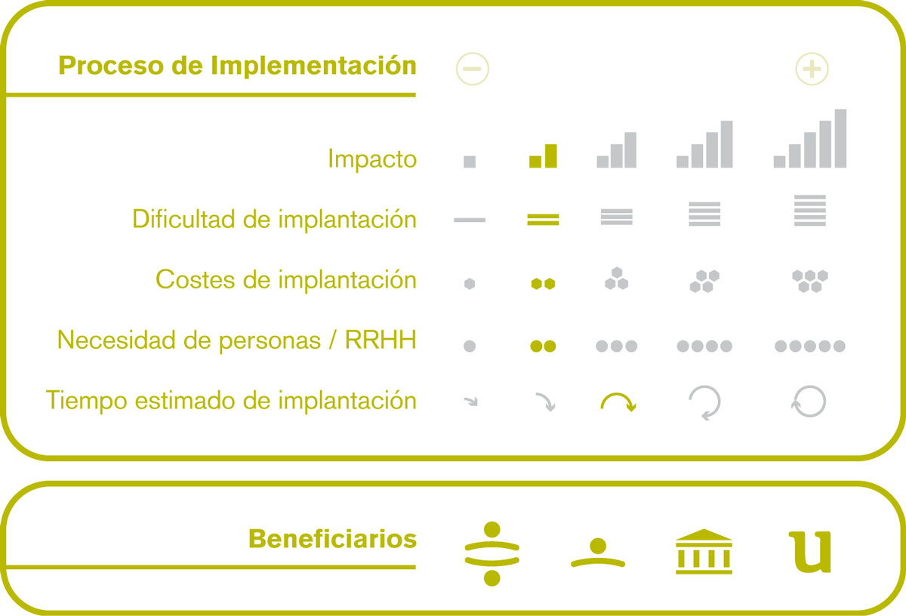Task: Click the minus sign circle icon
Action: pyautogui.click(x=472, y=69)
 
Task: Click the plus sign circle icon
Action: pyautogui.click(x=812, y=69)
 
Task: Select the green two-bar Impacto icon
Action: pyautogui.click(x=543, y=156)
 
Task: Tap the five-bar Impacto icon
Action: pyautogui.click(x=809, y=138)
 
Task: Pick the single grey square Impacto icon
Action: pyautogui.click(x=470, y=162)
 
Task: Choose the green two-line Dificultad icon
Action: pyautogui.click(x=543, y=220)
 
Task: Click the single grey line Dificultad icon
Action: pyautogui.click(x=470, y=220)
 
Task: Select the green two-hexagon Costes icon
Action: pyautogui.click(x=543, y=284)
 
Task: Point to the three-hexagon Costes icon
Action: pyautogui.click(x=616, y=279)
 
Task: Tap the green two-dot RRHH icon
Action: pyautogui.click(x=543, y=346)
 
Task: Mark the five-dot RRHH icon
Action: pyautogui.click(x=809, y=346)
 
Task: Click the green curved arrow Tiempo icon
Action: pyautogui.click(x=618, y=394)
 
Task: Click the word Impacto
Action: pyautogui.click(x=372, y=159)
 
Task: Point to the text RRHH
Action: pyautogui.click(x=381, y=340)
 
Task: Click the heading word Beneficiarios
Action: pyautogui.click(x=332, y=539)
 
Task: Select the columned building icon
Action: pyautogui.click(x=704, y=552)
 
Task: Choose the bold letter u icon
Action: pyautogui.click(x=809, y=552)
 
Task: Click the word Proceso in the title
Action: pyautogui.click(x=111, y=65)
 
